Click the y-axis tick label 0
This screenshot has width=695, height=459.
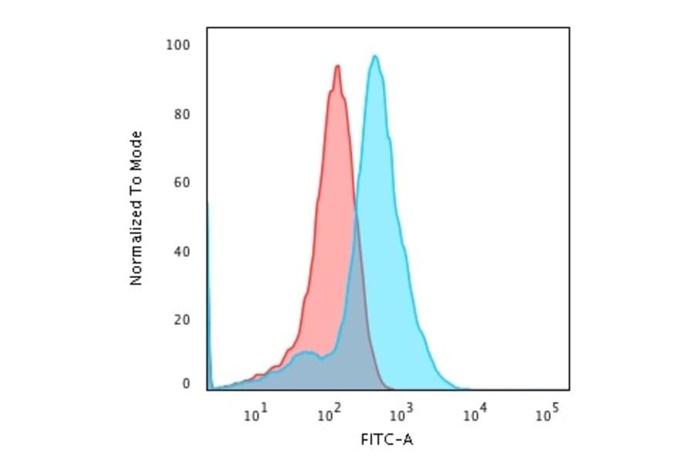[185, 383]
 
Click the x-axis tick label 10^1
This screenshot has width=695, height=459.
[256, 416]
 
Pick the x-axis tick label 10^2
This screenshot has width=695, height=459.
[329, 416]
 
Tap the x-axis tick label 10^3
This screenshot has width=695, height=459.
[402, 416]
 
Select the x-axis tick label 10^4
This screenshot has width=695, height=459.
[474, 416]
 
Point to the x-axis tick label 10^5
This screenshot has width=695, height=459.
[547, 416]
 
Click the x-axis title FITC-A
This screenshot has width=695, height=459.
[387, 440]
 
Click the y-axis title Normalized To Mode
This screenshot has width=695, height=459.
[137, 209]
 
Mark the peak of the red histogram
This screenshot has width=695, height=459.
[337, 66]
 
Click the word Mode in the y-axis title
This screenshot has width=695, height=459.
[137, 148]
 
